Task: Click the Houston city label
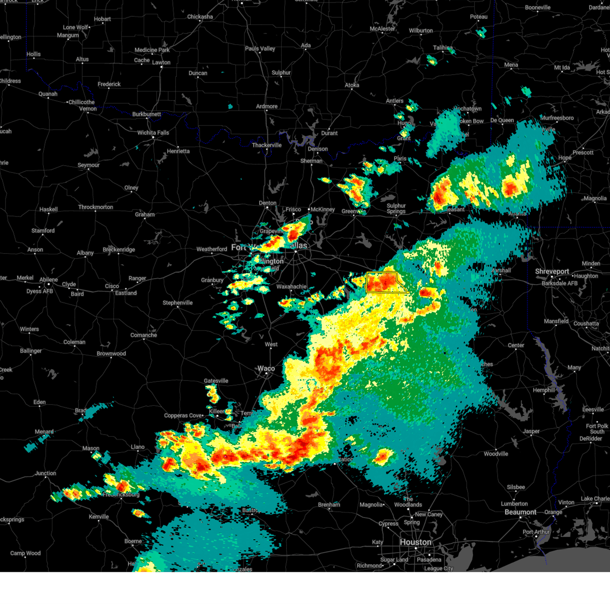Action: click(x=415, y=542)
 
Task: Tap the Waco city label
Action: click(x=266, y=369)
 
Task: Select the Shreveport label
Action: click(x=552, y=271)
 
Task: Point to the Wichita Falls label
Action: click(x=153, y=133)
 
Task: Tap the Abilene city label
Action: click(x=49, y=280)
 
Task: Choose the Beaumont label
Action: click(x=520, y=512)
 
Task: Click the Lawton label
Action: click(x=161, y=63)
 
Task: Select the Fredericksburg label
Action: click(x=121, y=494)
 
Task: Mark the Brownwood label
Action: click(x=111, y=353)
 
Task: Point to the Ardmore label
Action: click(x=267, y=106)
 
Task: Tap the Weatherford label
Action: click(x=211, y=249)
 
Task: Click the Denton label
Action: click(x=267, y=203)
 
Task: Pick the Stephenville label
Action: click(x=177, y=302)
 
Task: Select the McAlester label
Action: click(x=382, y=29)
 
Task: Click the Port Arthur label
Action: click(x=536, y=532)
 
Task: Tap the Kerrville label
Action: click(x=99, y=516)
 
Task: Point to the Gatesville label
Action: click(x=216, y=381)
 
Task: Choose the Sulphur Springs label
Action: click(x=396, y=208)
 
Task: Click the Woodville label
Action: click(x=496, y=453)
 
